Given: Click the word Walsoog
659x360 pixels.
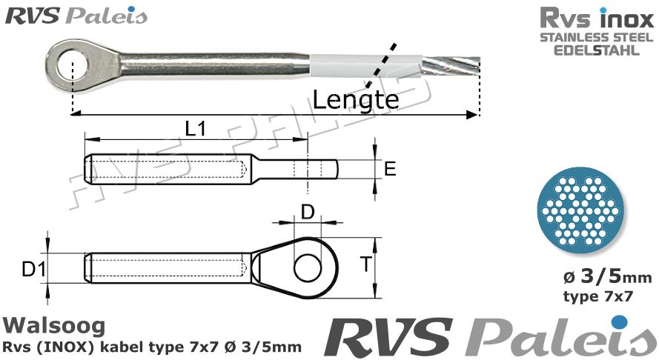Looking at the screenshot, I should pos(54,325).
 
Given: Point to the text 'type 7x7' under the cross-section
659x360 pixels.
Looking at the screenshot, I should pos(597,298).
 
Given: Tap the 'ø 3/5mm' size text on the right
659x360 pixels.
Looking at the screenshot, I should pos(607,277).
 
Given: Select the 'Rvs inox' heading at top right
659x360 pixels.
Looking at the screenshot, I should pos(596,18).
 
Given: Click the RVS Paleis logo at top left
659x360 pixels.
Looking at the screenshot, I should pos(76,16).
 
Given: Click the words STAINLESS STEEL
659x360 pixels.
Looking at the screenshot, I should pos(597,37).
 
